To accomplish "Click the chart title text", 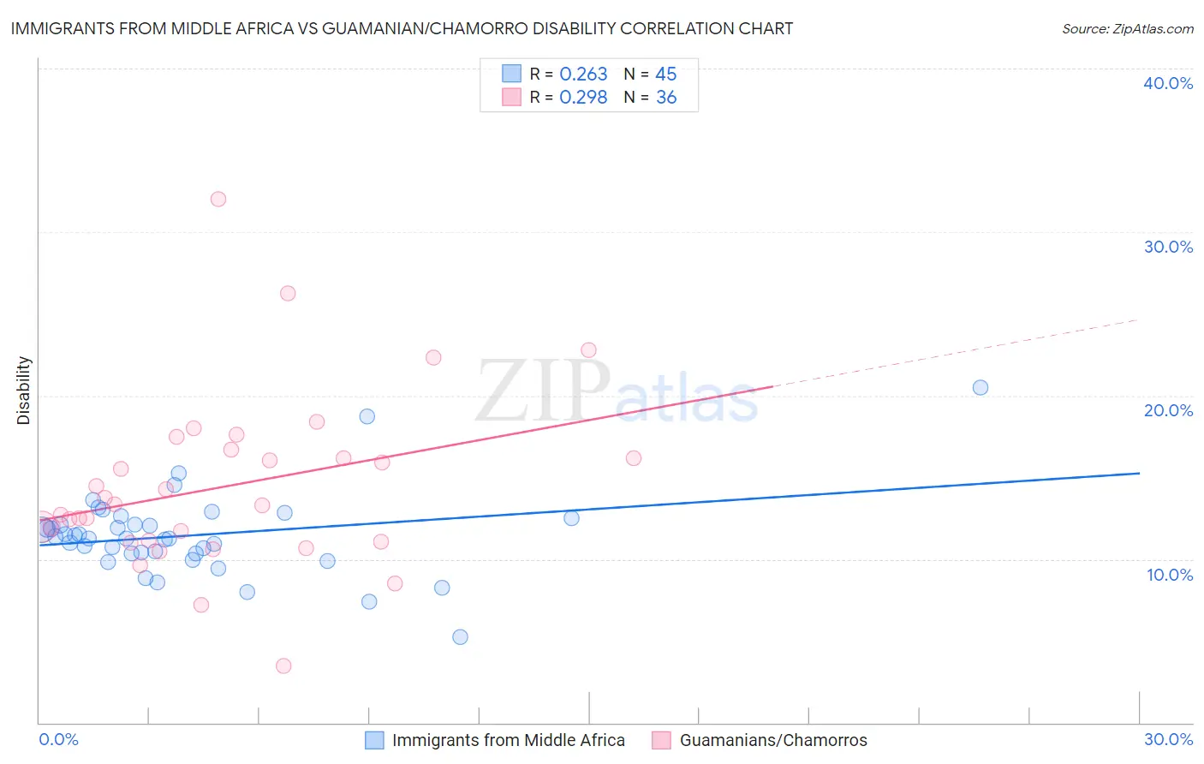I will click(402, 28).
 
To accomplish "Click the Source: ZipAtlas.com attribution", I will click(1127, 28).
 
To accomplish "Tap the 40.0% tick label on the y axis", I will click(1168, 83).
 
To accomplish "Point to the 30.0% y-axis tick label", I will click(1168, 247).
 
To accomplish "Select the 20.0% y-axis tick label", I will click(1168, 410).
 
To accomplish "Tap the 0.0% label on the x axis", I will click(58, 739).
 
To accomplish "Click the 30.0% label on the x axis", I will click(1168, 739).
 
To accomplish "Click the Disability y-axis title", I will click(24, 391).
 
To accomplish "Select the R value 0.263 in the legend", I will click(583, 75).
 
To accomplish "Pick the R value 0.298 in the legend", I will click(583, 98).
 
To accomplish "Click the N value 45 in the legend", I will click(666, 75).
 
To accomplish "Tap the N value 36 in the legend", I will click(666, 98).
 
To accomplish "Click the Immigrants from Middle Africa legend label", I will click(509, 740).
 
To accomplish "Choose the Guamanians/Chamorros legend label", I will click(773, 740).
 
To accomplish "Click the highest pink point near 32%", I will click(218, 199).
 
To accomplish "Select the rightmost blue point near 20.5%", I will click(980, 387).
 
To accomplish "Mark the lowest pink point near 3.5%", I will click(283, 666).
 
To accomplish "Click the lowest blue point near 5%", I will click(460, 636).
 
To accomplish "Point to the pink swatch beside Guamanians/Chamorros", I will click(661, 740).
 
